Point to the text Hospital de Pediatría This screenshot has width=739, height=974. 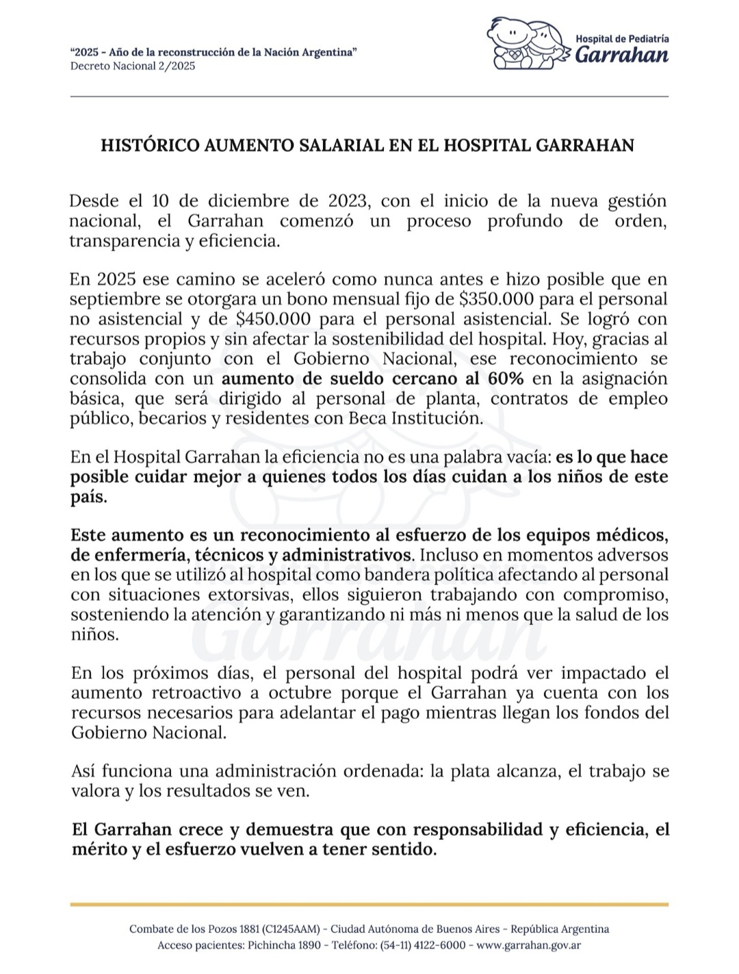622,39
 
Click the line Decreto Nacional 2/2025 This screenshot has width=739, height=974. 133,66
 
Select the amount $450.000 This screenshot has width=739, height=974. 274,319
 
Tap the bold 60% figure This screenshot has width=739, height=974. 506,379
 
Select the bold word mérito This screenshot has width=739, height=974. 98,849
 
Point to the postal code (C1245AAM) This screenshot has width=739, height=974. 291,929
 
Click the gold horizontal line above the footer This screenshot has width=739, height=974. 369,904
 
